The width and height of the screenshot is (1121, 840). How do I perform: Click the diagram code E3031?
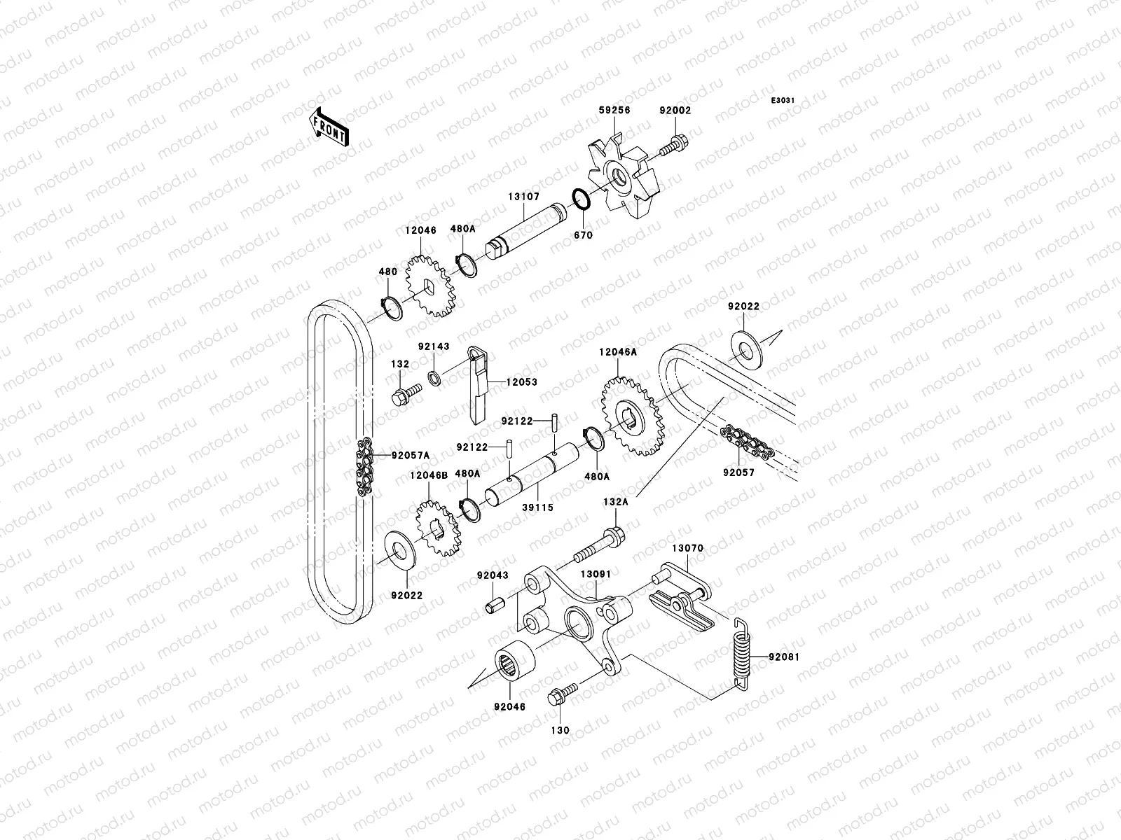tap(783, 101)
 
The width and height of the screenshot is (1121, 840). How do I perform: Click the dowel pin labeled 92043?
tap(496, 605)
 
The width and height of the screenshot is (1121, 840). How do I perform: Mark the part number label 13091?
tap(596, 574)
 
